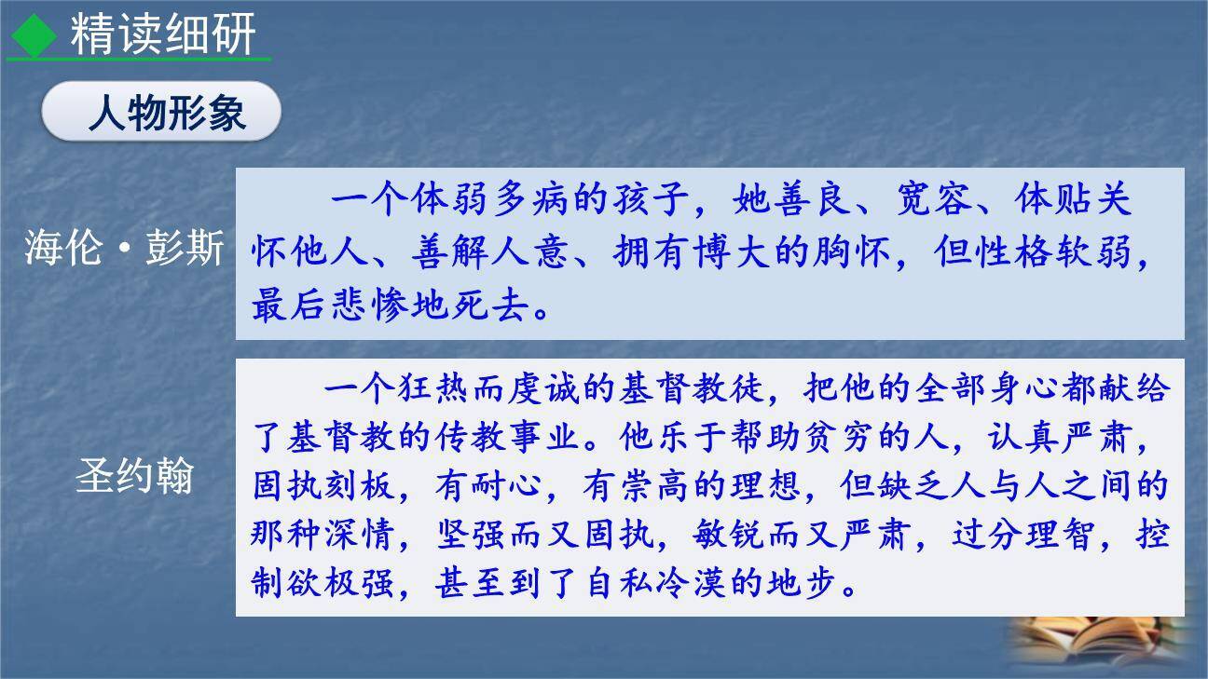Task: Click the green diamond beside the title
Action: (34, 35)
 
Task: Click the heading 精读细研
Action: (163, 35)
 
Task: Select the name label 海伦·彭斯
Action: (125, 250)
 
